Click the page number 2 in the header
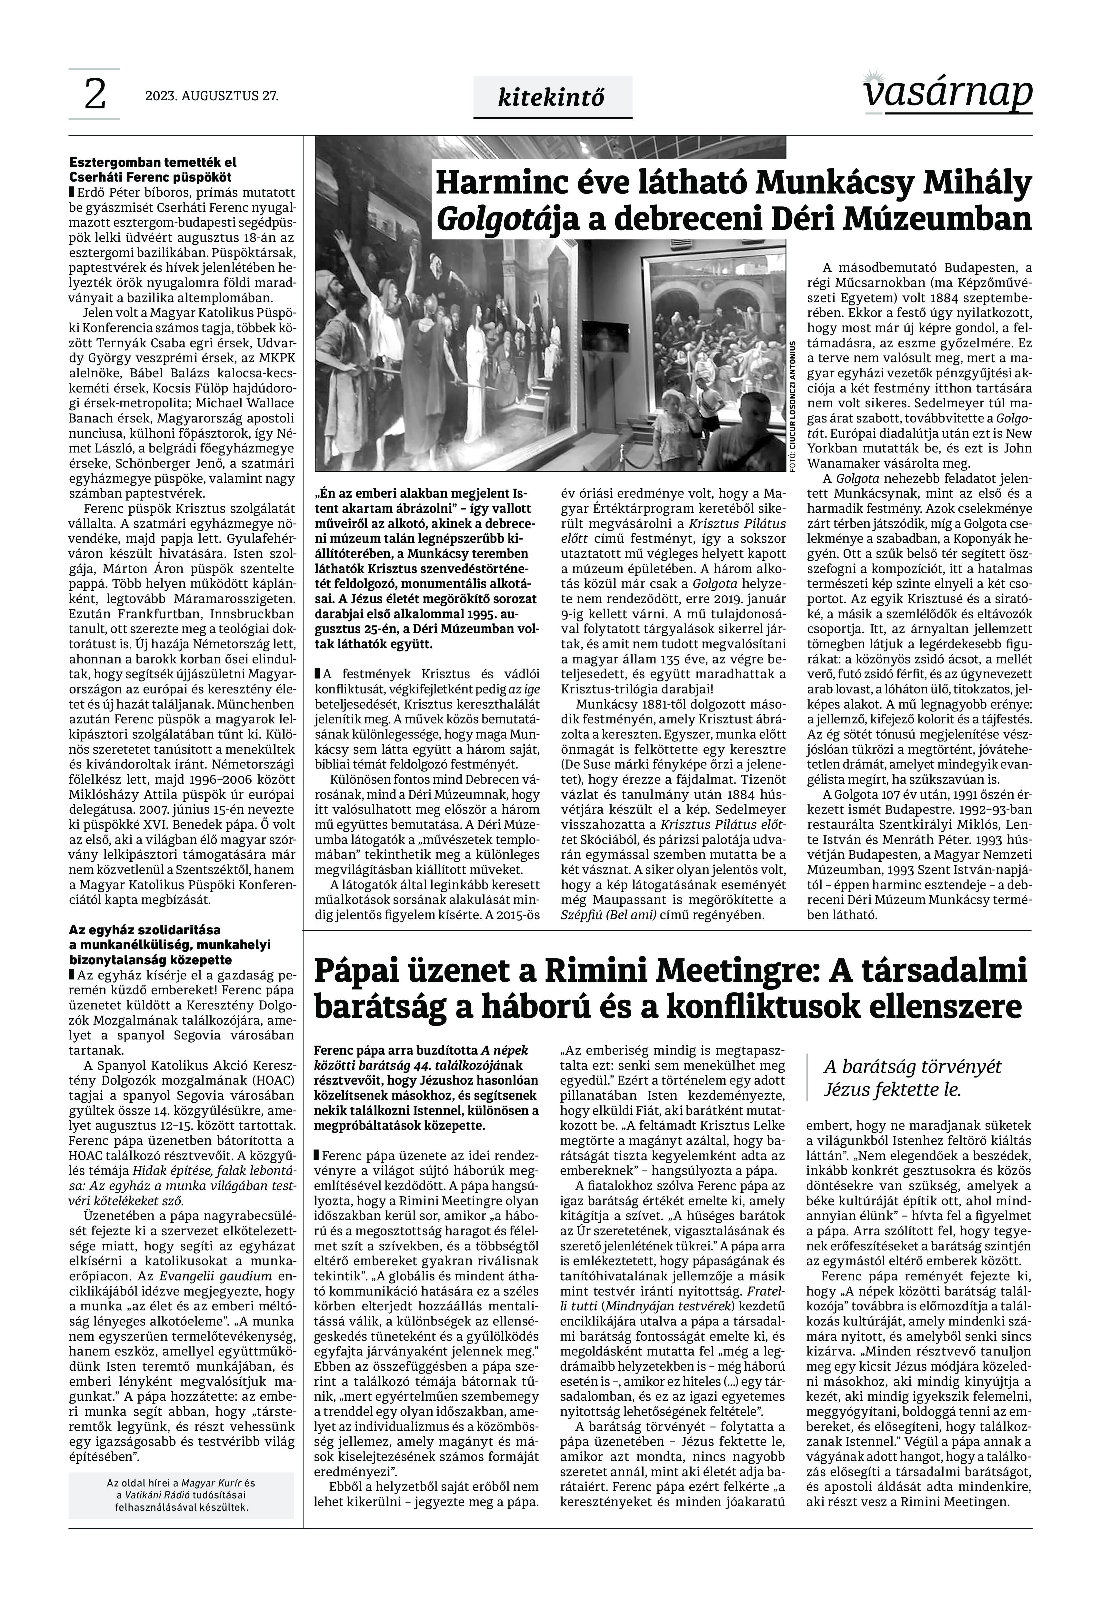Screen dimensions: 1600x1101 tap(95, 95)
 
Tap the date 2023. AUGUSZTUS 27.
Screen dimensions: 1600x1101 tap(212, 96)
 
